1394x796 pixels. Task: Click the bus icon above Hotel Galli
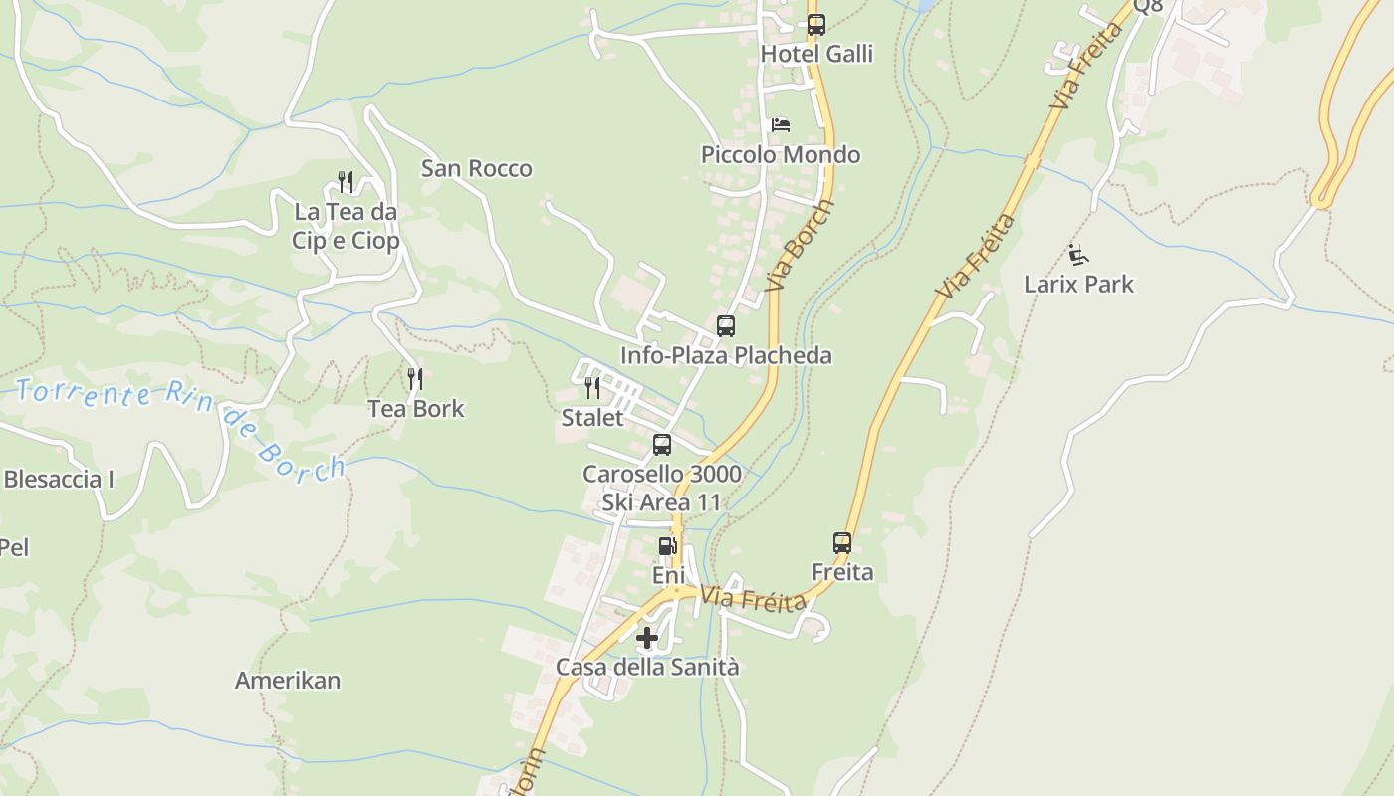(x=816, y=25)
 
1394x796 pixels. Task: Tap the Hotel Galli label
(x=816, y=54)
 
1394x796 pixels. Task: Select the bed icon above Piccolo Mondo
(x=781, y=125)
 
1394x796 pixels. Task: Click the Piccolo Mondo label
(x=781, y=155)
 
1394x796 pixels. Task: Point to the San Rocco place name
(x=476, y=168)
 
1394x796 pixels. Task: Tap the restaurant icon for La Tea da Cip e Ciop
(x=346, y=182)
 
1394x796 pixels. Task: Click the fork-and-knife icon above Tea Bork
(x=415, y=379)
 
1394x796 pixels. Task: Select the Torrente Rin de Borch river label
(x=179, y=423)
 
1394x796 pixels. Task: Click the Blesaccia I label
(x=59, y=480)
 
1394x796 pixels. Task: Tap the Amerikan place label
(x=288, y=681)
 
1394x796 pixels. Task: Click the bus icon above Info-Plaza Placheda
(x=726, y=326)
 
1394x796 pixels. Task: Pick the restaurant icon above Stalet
(x=592, y=388)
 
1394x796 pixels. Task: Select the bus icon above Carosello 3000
(x=662, y=445)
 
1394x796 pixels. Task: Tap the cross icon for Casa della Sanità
(x=647, y=638)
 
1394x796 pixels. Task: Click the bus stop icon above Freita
(x=842, y=543)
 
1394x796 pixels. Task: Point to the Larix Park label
(x=1078, y=285)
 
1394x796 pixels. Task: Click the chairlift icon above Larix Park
(x=1078, y=255)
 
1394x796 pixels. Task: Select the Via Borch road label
(x=801, y=245)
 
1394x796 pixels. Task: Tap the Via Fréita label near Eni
(x=753, y=600)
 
